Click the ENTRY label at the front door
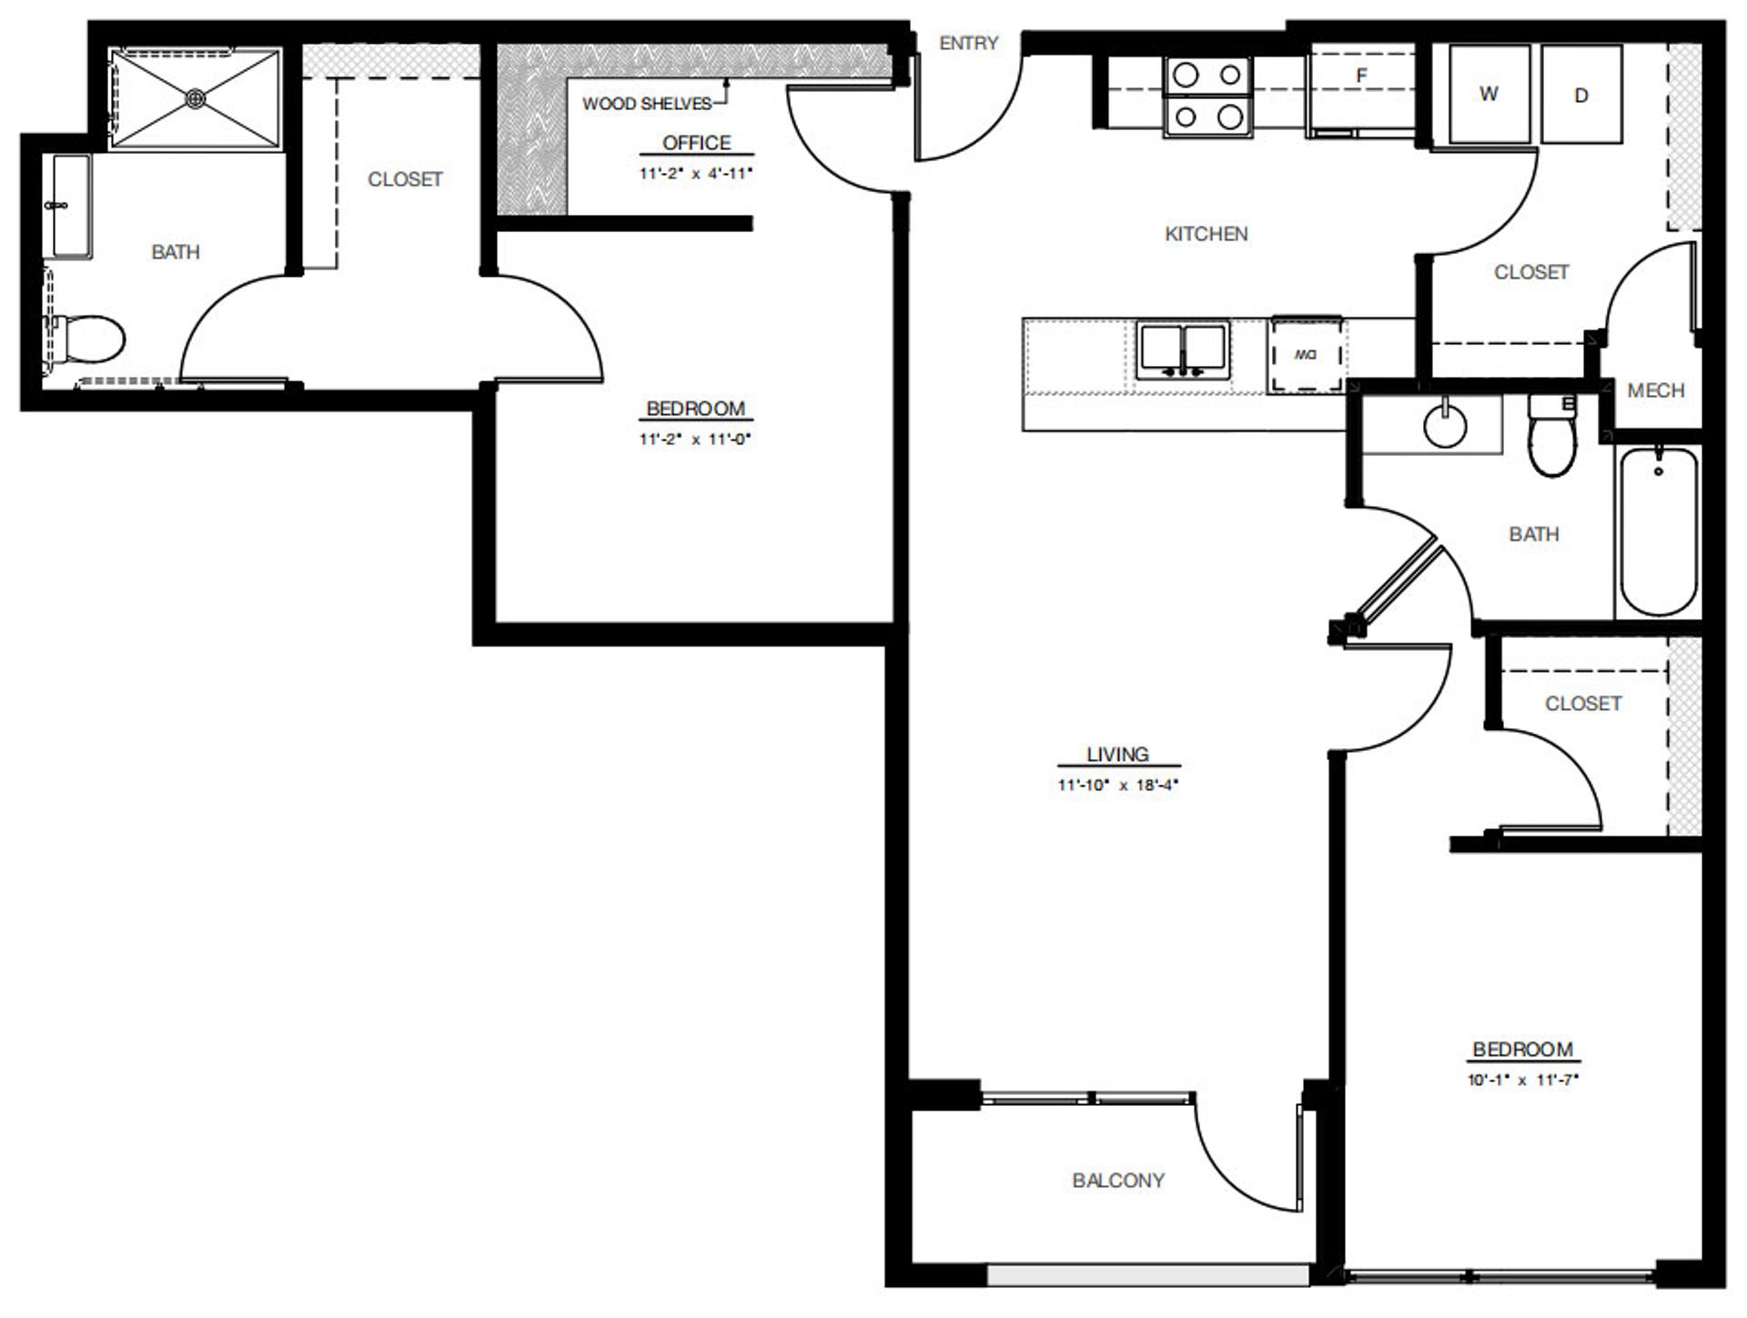(x=968, y=43)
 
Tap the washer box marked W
(x=1489, y=94)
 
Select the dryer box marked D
(x=1581, y=95)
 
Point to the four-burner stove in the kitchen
(x=1207, y=96)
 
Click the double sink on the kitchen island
(x=1182, y=350)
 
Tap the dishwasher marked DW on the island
(x=1306, y=354)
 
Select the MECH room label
(x=1655, y=390)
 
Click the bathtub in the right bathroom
(x=1658, y=532)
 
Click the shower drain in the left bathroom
(x=195, y=97)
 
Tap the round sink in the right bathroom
(x=1445, y=425)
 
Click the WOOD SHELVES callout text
(x=646, y=104)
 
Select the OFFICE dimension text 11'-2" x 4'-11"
(x=696, y=173)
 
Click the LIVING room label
(x=1117, y=755)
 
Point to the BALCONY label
(x=1118, y=1181)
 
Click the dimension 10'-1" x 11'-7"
(x=1522, y=1080)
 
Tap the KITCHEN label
(x=1206, y=234)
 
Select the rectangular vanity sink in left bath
(x=71, y=206)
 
